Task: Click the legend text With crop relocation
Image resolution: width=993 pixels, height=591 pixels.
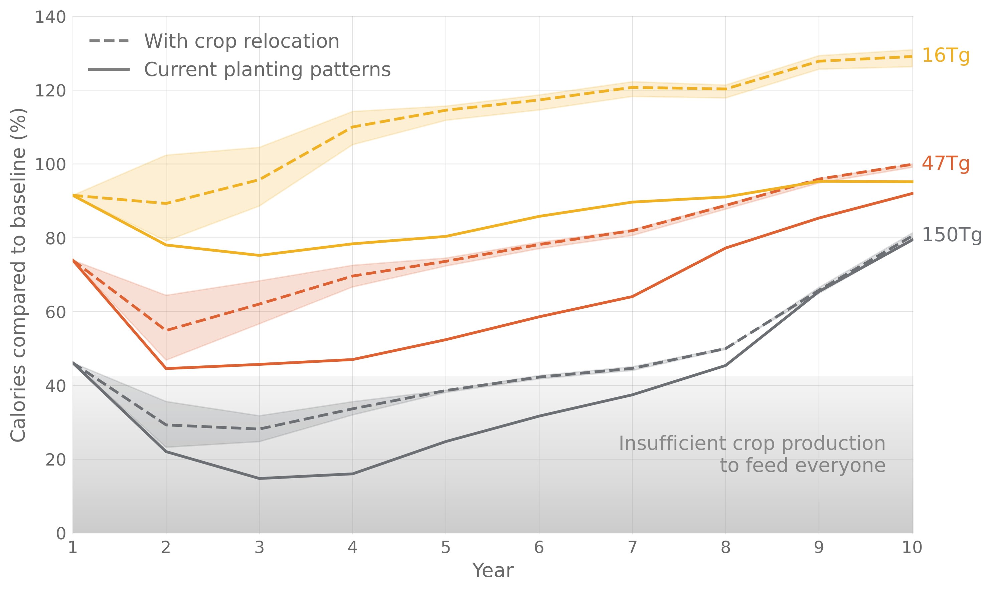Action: tap(241, 41)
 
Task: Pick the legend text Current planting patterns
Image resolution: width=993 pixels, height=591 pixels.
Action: tap(267, 70)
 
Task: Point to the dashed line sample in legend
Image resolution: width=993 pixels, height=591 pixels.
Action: tap(109, 41)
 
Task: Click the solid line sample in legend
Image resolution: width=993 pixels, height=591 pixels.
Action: tap(109, 70)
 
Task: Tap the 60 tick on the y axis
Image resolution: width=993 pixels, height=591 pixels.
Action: tap(55, 312)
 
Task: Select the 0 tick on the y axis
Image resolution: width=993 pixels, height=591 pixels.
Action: tap(61, 533)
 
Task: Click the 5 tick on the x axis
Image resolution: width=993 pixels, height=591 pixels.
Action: tap(446, 548)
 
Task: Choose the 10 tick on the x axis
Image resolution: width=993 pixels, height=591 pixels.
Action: tap(912, 548)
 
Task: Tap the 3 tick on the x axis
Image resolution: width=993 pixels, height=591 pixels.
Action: tap(260, 548)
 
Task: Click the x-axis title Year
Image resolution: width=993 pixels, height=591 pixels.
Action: tap(493, 571)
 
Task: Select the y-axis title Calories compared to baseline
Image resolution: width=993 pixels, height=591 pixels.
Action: tap(18, 275)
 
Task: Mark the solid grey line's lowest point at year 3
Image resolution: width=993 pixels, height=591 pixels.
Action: tap(260, 478)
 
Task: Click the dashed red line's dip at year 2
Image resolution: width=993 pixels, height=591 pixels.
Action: tap(166, 330)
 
